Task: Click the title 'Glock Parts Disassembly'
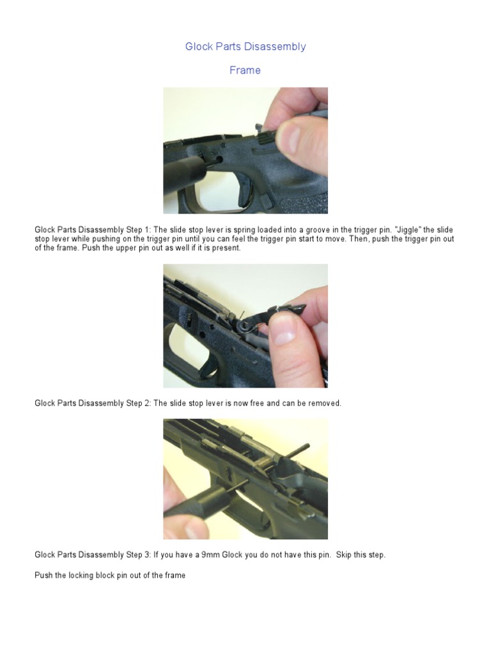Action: point(245,47)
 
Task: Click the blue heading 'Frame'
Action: point(245,70)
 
